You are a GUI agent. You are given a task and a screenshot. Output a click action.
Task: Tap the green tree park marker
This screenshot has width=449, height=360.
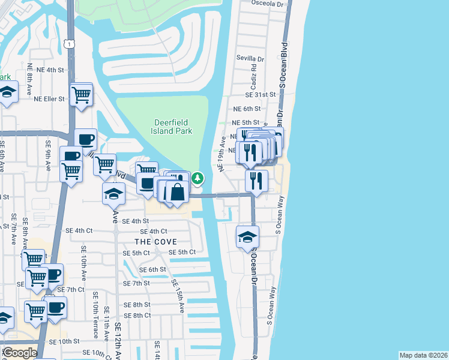(197, 178)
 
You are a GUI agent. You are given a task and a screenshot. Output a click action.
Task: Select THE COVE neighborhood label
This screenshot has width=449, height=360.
(155, 241)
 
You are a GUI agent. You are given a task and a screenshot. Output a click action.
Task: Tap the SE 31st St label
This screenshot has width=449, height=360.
(260, 95)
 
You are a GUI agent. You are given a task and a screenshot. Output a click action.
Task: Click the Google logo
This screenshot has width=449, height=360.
(19, 353)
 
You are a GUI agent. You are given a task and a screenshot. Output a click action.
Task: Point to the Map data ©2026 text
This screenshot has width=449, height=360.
(423, 355)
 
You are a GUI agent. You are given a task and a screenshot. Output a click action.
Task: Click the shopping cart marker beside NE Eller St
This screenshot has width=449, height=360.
(81, 94)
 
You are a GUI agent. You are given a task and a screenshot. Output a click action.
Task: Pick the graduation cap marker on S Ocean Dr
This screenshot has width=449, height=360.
(247, 236)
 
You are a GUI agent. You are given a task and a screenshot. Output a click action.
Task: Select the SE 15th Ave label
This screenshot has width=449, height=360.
(178, 296)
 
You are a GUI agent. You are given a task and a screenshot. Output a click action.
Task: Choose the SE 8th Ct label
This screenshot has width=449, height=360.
(137, 316)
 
